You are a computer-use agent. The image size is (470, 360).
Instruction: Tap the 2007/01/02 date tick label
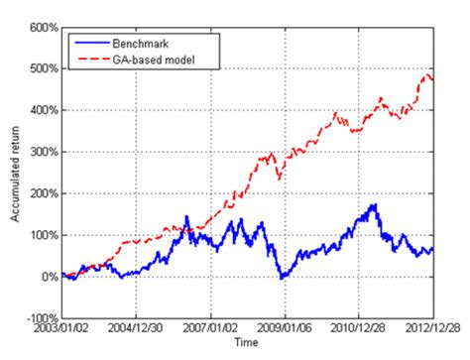click(x=210, y=329)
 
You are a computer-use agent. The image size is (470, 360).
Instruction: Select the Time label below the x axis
click(x=247, y=342)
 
